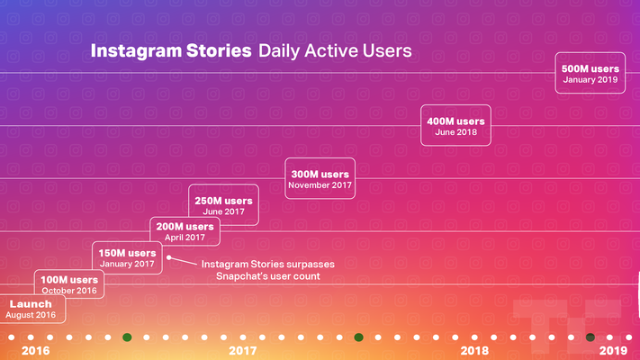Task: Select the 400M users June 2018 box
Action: click(455, 126)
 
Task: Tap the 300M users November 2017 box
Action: click(319, 178)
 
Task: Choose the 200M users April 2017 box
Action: click(185, 231)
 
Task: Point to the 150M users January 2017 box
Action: click(128, 258)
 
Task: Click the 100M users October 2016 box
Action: click(70, 284)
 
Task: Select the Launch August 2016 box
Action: click(30, 310)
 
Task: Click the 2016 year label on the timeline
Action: click(35, 350)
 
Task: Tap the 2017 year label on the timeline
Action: click(243, 350)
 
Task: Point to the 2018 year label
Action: click(474, 350)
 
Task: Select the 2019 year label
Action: click(613, 350)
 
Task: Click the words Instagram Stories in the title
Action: click(171, 51)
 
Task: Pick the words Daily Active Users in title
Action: click(335, 51)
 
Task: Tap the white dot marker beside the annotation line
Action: click(169, 257)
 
